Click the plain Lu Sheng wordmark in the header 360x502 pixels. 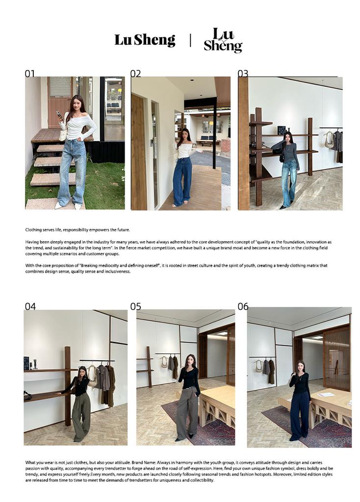tap(145, 40)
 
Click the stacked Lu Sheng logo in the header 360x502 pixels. tap(223, 40)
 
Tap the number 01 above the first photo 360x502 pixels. tap(29, 74)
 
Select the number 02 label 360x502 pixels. tap(135, 74)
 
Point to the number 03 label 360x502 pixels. tap(243, 74)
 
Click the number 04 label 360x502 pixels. tap(30, 306)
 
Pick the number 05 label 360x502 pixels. tap(135, 306)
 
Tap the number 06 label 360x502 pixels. tap(243, 306)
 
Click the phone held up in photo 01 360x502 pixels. tap(58, 114)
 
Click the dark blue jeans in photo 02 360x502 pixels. tap(182, 181)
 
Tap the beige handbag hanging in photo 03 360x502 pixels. tap(329, 140)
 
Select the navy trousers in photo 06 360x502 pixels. tap(300, 416)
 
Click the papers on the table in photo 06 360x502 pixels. tap(326, 395)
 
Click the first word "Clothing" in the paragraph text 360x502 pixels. tap(34, 230)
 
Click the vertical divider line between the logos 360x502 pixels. tap(190, 40)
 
